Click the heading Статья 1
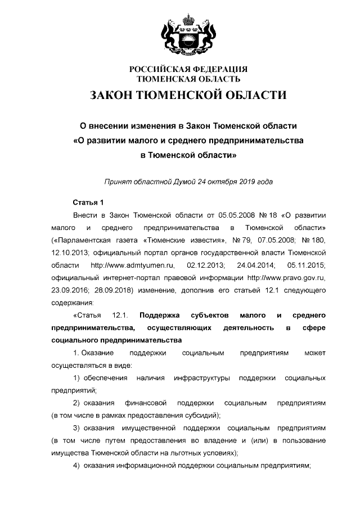88,202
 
